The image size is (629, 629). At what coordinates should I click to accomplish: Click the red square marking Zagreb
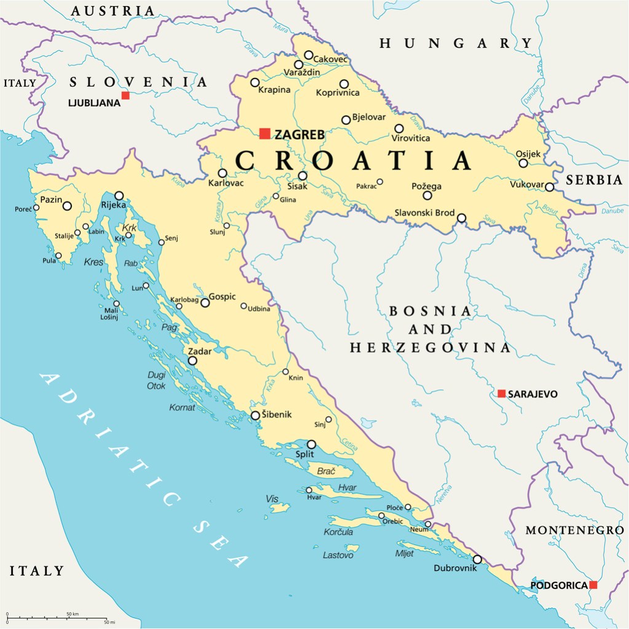(x=265, y=133)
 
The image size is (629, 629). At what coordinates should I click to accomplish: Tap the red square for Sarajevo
(x=502, y=393)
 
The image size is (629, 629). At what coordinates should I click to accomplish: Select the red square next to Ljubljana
(x=125, y=95)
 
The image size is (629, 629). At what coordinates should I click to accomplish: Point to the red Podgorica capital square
(x=593, y=585)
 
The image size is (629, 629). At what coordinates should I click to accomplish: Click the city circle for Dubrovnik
(x=477, y=560)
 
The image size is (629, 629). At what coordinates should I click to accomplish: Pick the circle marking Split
(x=312, y=444)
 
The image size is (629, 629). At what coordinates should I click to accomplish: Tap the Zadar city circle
(x=192, y=361)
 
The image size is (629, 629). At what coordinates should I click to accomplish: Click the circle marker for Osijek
(x=523, y=163)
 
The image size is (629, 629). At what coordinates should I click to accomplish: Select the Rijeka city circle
(x=119, y=195)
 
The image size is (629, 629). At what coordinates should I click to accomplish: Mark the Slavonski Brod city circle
(x=461, y=217)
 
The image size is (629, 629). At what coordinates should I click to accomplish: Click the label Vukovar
(x=527, y=184)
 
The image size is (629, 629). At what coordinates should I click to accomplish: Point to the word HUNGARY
(x=456, y=43)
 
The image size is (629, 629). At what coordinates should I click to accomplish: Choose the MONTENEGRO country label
(x=574, y=530)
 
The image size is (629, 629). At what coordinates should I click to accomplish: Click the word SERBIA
(x=595, y=180)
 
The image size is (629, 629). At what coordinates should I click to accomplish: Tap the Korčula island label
(x=338, y=532)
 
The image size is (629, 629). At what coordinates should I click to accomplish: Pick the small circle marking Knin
(x=286, y=372)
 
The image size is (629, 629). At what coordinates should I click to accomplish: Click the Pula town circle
(x=58, y=256)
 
